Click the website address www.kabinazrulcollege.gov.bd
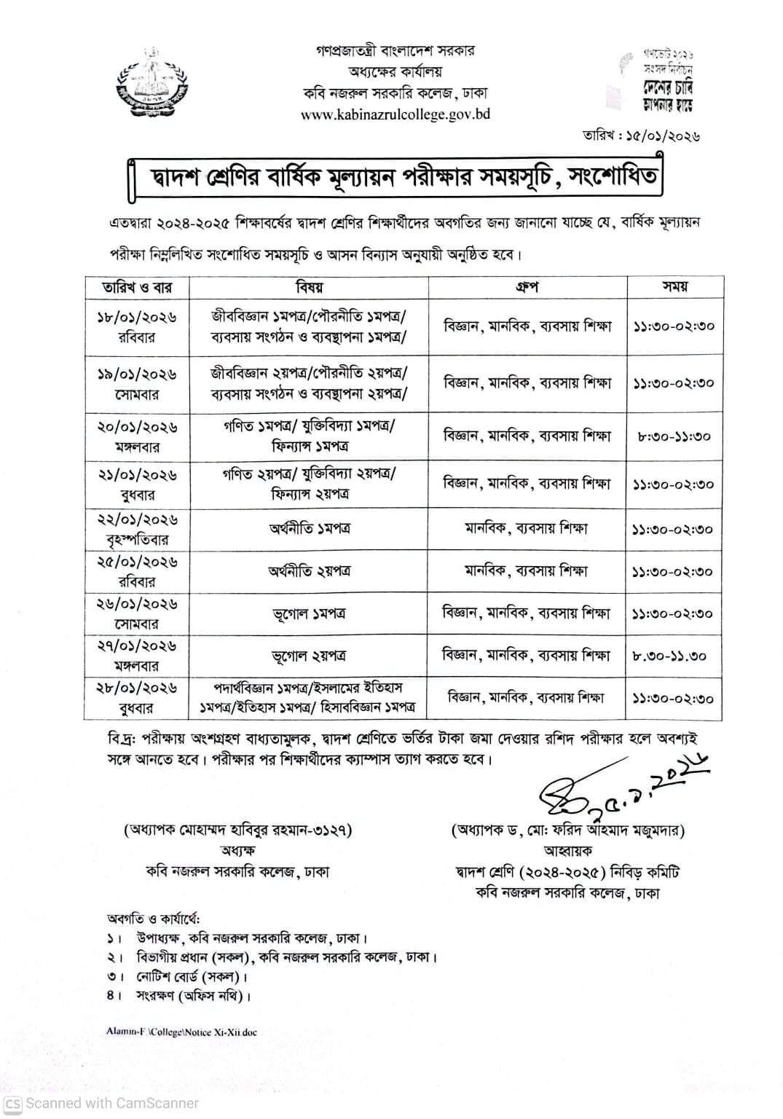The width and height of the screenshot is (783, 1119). click(x=395, y=114)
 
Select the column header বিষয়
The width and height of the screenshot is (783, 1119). click(x=309, y=288)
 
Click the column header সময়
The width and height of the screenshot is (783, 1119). click(x=674, y=288)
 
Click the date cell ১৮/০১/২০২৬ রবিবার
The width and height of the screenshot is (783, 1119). click(x=137, y=327)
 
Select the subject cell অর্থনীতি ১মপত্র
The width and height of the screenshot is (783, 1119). click(x=309, y=529)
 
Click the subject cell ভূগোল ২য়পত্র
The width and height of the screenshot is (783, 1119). click(x=309, y=656)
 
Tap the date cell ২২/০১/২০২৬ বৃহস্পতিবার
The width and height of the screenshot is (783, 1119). click(x=137, y=530)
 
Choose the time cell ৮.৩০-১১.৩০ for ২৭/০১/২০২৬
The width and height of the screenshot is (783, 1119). click(x=669, y=656)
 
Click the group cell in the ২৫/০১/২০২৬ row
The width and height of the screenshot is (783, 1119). click(x=527, y=571)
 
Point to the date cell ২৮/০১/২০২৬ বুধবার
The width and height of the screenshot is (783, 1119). click(x=137, y=698)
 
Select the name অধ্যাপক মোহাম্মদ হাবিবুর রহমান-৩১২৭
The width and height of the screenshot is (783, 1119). click(x=238, y=830)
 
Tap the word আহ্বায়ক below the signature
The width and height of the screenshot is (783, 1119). click(x=568, y=850)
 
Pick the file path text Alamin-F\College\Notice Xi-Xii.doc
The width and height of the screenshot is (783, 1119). click(x=181, y=1032)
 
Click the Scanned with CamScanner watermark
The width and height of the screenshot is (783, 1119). click(x=101, y=1103)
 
